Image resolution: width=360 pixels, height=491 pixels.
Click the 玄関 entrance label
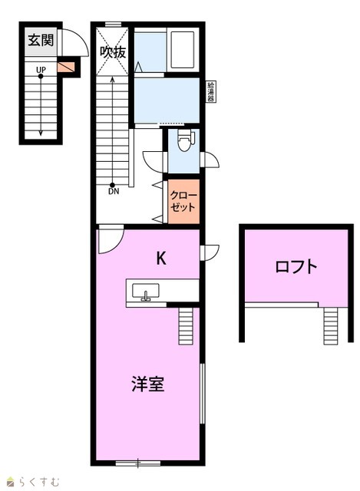[x=41, y=40]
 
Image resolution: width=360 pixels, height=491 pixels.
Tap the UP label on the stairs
[x=41, y=70]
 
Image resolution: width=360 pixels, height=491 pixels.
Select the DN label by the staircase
[x=114, y=191]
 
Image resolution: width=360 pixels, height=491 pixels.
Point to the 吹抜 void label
[x=113, y=52]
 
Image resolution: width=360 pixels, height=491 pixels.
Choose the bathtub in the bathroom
[x=183, y=49]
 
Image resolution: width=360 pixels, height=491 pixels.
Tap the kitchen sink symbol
[x=146, y=291]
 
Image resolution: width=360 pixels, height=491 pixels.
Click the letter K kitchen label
[x=161, y=259]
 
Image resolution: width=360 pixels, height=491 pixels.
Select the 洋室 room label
[x=148, y=384]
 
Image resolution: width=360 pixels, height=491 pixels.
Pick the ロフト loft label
[x=296, y=267]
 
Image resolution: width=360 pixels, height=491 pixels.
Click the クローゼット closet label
[x=183, y=201]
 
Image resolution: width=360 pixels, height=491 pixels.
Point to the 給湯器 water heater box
[x=211, y=91]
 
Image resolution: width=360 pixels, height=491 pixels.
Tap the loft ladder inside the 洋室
[x=186, y=325]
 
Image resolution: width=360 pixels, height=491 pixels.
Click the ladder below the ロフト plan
[x=331, y=325]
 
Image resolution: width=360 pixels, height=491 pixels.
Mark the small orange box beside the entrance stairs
[x=66, y=67]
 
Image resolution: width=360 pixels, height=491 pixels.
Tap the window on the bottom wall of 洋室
[x=138, y=463]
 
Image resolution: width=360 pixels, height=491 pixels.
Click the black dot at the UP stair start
[x=41, y=76]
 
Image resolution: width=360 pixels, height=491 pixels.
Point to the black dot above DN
[x=112, y=185]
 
